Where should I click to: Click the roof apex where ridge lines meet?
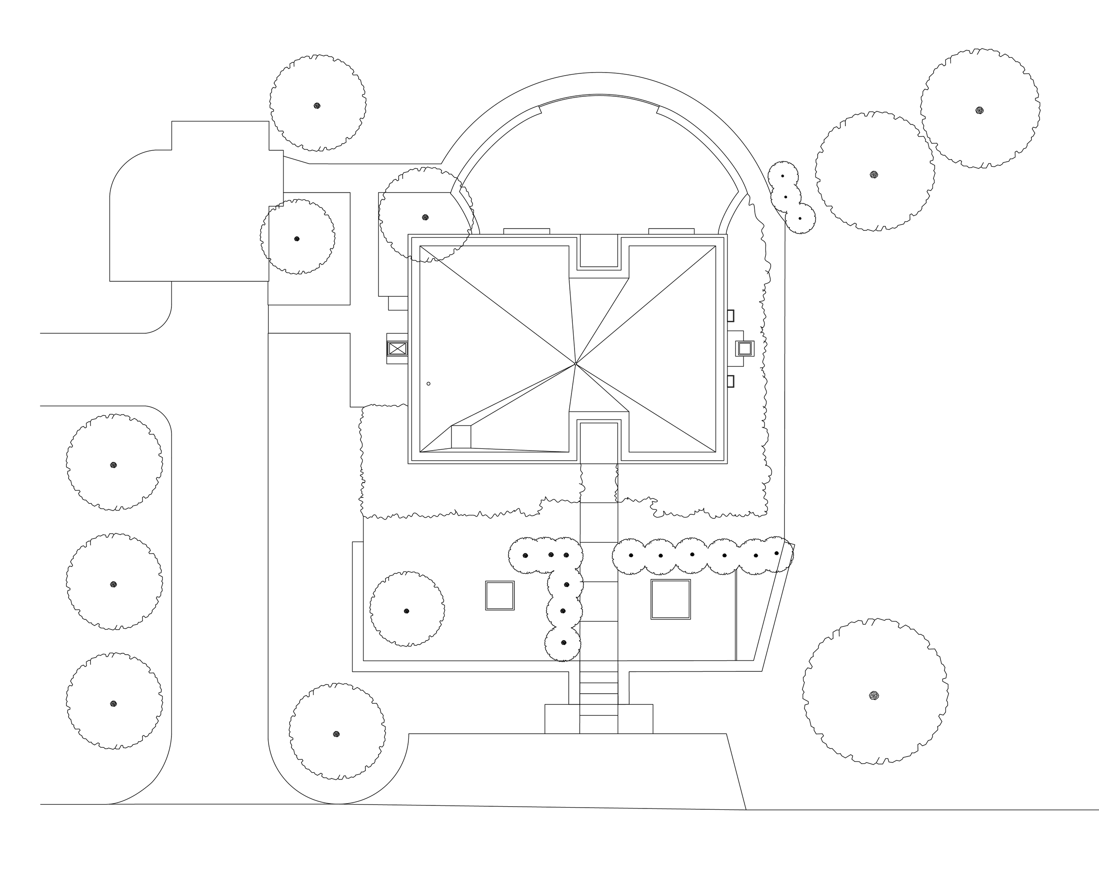(575, 364)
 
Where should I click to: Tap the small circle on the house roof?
(429, 384)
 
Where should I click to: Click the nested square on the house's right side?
(745, 348)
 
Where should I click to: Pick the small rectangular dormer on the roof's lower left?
(461, 437)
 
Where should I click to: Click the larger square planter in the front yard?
(670, 599)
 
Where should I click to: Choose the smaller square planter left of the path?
(500, 596)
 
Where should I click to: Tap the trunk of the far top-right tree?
(979, 110)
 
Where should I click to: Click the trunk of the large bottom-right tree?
(874, 696)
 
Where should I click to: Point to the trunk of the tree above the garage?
(317, 106)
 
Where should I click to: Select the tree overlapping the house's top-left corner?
(425, 217)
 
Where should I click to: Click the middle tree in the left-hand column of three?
(113, 584)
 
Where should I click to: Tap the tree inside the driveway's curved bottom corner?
(337, 734)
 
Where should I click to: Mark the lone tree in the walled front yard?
(406, 611)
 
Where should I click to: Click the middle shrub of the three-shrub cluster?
(786, 197)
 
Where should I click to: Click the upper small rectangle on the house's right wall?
(730, 316)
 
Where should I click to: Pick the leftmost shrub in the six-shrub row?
(630, 555)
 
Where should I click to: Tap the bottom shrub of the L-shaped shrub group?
(564, 643)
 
